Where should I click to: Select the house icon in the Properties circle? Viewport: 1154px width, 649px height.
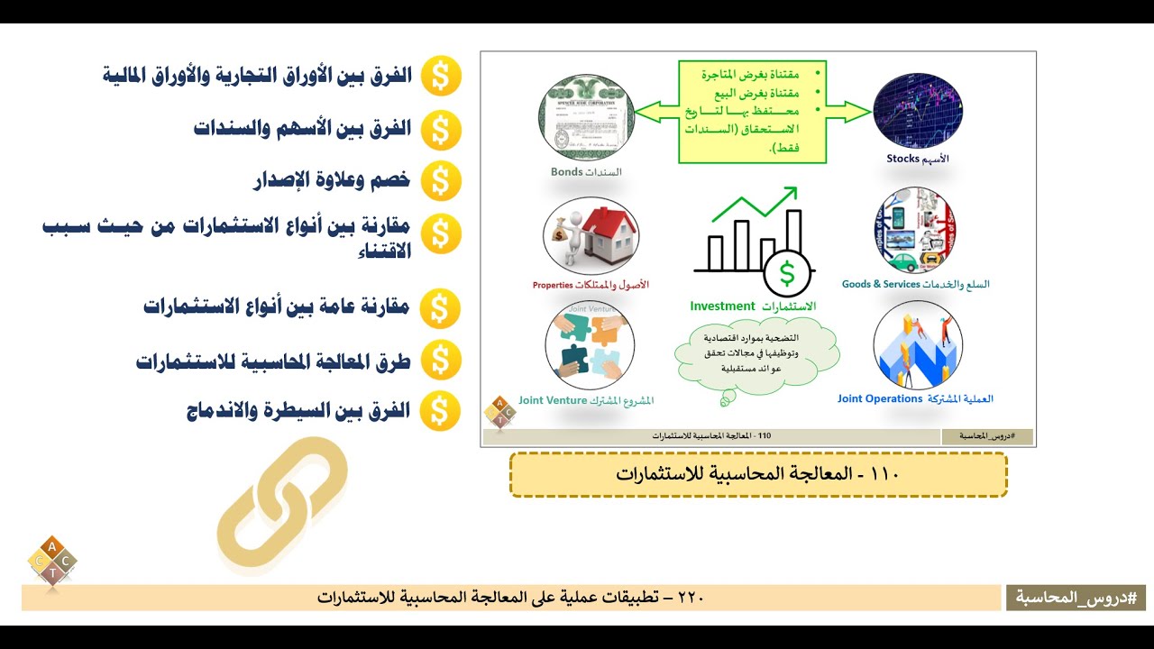point(605,230)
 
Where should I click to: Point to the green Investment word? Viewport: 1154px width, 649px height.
point(721,306)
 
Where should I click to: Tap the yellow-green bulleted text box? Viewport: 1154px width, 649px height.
point(752,111)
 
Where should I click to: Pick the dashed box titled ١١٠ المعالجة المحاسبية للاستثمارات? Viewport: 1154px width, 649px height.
point(758,474)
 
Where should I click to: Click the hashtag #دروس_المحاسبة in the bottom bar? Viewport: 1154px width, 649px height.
point(1076,597)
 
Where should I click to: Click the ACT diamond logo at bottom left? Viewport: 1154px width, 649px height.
point(52,562)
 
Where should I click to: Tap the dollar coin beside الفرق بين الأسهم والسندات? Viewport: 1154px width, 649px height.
point(440,129)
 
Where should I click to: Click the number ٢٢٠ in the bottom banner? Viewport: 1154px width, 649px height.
point(690,598)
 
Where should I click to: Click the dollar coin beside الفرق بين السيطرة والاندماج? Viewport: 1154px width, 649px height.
point(440,412)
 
